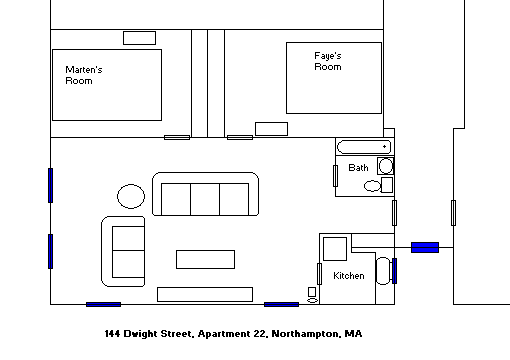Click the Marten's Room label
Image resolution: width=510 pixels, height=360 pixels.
(x=84, y=75)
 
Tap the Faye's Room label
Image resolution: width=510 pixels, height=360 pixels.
(x=328, y=61)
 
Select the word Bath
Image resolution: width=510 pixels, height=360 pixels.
(x=358, y=167)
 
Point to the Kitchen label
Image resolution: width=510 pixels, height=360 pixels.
(x=349, y=276)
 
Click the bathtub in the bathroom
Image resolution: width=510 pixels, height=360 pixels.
(x=364, y=147)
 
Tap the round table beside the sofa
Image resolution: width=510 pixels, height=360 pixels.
(x=131, y=196)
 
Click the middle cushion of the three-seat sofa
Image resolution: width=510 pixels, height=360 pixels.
(x=205, y=199)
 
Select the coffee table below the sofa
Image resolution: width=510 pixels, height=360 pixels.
(x=205, y=259)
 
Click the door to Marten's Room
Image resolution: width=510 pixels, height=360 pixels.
(x=177, y=137)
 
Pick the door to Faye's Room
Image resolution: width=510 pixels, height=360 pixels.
(x=240, y=137)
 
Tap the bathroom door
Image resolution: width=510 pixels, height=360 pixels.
(x=335, y=176)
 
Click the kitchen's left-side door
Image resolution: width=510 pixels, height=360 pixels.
(x=319, y=274)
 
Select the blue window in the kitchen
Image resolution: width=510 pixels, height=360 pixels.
(x=395, y=271)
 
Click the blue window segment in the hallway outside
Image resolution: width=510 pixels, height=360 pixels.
(x=425, y=247)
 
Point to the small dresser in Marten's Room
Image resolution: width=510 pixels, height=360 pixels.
(x=139, y=38)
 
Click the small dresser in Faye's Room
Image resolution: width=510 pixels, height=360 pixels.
(x=271, y=129)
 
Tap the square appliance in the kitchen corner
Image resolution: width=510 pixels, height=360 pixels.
(x=335, y=249)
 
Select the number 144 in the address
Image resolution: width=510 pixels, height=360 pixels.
(x=112, y=334)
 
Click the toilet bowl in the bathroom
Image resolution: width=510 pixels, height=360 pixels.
(x=372, y=186)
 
